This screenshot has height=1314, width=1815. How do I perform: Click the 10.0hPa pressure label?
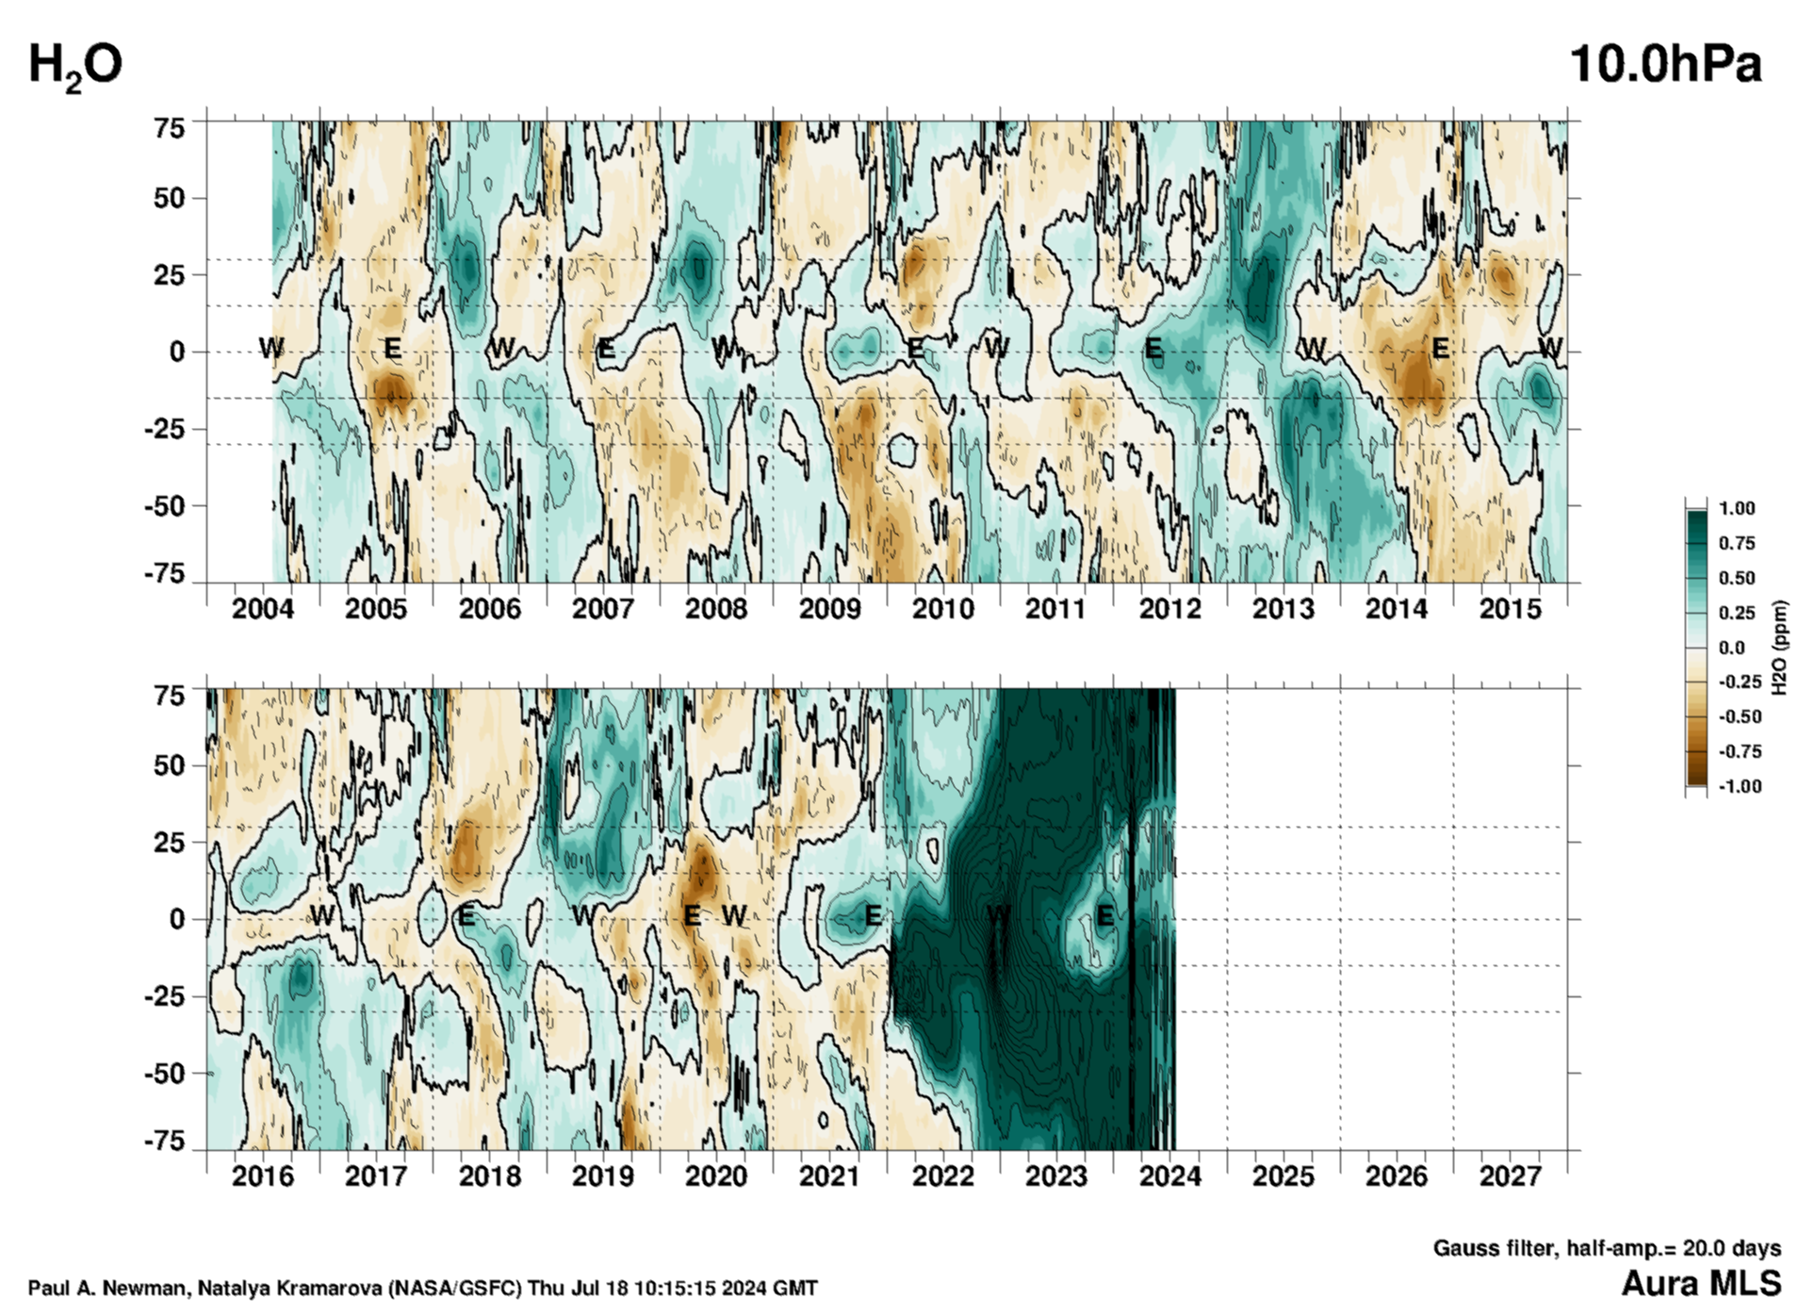pyautogui.click(x=1664, y=65)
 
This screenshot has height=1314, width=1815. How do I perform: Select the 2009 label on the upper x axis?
pyautogui.click(x=829, y=609)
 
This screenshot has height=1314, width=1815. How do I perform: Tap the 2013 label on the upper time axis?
pyautogui.click(x=1283, y=609)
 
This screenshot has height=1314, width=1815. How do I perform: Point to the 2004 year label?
pyautogui.click(x=263, y=609)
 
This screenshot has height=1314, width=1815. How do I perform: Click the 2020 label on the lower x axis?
pyautogui.click(x=716, y=1176)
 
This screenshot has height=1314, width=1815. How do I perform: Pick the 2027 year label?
pyautogui.click(x=1510, y=1176)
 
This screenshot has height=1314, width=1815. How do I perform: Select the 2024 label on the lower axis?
pyautogui.click(x=1169, y=1176)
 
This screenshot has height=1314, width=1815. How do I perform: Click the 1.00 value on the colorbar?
pyautogui.click(x=1737, y=509)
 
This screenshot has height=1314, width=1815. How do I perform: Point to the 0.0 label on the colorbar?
pyautogui.click(x=1732, y=648)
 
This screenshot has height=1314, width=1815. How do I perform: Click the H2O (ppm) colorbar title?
pyautogui.click(x=1779, y=648)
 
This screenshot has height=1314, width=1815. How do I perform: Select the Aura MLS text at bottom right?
pyautogui.click(x=1701, y=1284)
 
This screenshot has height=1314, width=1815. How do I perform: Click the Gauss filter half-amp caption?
pyautogui.click(x=1607, y=1248)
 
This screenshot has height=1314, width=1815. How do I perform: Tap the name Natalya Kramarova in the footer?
pyautogui.click(x=293, y=1289)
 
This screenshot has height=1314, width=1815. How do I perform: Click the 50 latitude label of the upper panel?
pyautogui.click(x=170, y=199)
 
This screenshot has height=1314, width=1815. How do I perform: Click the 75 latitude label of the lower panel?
pyautogui.click(x=170, y=696)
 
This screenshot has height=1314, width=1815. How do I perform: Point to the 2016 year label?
pyautogui.click(x=263, y=1176)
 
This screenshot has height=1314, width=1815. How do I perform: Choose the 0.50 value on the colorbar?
pyautogui.click(x=1737, y=578)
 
